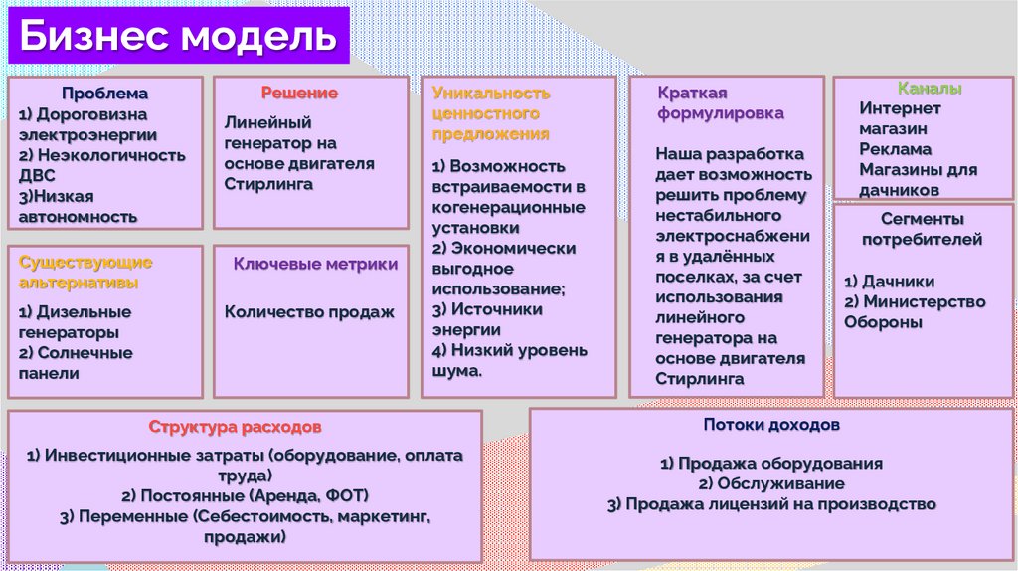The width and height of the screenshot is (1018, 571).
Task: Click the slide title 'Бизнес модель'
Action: [x=178, y=38]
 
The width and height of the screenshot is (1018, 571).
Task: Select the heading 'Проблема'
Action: [x=104, y=94]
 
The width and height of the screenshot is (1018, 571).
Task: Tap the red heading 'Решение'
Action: [x=299, y=93]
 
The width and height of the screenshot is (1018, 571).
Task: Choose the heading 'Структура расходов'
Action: [x=236, y=427]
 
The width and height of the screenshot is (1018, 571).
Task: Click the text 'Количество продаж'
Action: [x=309, y=311]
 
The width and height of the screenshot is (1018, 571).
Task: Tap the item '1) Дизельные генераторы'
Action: [x=76, y=321]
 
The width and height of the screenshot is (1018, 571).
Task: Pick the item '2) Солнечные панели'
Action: [x=76, y=363]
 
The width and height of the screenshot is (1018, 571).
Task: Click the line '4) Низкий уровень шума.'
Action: [x=510, y=360]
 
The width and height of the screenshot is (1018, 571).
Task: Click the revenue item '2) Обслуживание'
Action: [x=771, y=483]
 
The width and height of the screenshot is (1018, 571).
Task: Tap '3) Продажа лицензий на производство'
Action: [x=771, y=504]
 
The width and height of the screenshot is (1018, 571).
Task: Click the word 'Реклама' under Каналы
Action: [x=896, y=149]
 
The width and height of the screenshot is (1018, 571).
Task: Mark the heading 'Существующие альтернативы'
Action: [x=85, y=272]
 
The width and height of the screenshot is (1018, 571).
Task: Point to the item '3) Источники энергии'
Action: [x=488, y=319]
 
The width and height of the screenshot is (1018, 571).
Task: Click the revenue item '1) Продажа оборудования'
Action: [x=771, y=463]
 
